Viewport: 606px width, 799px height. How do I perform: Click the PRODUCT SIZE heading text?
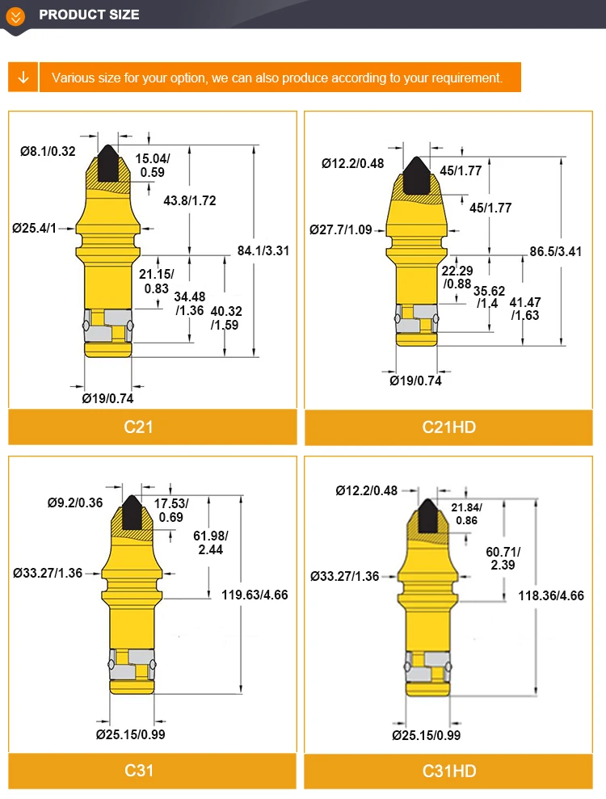[89, 15]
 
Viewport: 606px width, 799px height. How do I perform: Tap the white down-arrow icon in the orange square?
[23, 78]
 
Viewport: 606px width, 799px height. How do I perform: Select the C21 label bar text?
[139, 427]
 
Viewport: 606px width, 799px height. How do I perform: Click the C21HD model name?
[449, 427]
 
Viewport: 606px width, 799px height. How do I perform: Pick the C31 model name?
[139, 770]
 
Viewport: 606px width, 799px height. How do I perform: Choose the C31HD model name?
[449, 771]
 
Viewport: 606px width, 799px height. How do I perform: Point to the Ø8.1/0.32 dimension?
[48, 151]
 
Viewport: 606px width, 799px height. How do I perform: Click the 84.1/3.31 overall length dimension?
[263, 250]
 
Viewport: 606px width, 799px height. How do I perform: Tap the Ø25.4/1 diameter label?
[34, 228]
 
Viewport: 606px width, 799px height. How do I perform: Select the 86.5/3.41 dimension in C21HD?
[556, 251]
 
